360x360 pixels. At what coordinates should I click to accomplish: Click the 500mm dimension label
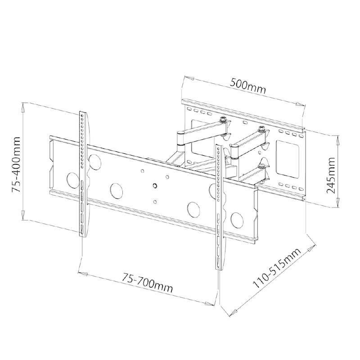[x=248, y=86]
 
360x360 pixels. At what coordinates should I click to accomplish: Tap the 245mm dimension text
[x=331, y=175]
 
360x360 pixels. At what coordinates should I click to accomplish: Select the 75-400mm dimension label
[x=16, y=164]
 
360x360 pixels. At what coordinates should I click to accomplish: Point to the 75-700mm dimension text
[x=147, y=283]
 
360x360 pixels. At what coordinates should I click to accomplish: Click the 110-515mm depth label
[x=277, y=268]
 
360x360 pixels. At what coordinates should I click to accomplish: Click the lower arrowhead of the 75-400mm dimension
[x=23, y=216]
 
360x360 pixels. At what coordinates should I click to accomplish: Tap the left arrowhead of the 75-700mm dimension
[x=83, y=274]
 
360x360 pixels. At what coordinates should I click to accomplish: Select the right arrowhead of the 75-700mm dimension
[x=210, y=303]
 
